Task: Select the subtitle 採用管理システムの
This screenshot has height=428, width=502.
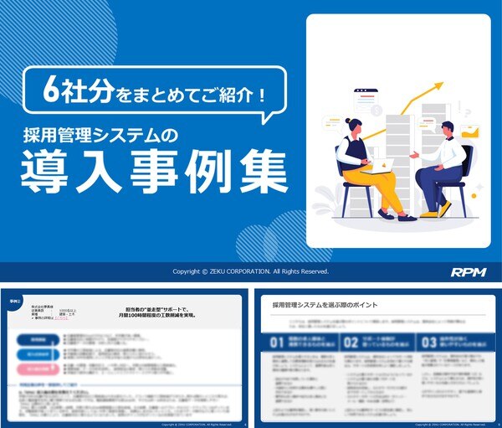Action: pyautogui.click(x=121, y=133)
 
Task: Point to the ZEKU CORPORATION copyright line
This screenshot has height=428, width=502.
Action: pyautogui.click(x=250, y=271)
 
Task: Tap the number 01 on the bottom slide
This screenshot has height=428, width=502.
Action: pyautogui.click(x=279, y=342)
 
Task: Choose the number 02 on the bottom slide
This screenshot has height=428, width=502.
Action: pyautogui.click(x=353, y=342)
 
